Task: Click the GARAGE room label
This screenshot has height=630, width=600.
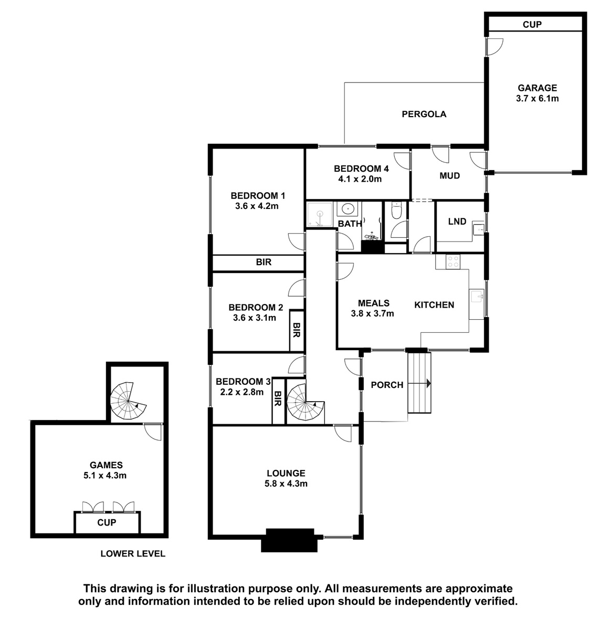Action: [537, 88]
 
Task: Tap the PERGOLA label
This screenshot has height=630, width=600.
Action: [424, 114]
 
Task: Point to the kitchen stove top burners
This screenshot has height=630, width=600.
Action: [453, 261]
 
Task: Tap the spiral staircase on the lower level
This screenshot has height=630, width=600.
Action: [128, 401]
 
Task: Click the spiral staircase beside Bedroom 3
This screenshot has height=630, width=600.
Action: [305, 403]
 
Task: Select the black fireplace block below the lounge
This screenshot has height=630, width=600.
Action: [289, 540]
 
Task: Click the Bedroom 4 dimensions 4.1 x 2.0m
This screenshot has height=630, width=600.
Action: [360, 179]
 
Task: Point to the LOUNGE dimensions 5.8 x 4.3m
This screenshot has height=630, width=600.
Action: [286, 484]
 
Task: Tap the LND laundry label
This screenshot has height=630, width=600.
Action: [457, 222]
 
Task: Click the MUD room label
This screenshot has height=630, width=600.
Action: [450, 175]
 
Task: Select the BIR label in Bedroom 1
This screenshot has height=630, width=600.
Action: [264, 262]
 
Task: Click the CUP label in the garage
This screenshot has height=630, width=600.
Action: [532, 24]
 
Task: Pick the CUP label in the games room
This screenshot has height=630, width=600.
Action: [107, 523]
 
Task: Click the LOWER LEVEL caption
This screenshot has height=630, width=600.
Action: [133, 562]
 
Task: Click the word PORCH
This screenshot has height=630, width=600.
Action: [387, 385]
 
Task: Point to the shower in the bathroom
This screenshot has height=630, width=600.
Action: [320, 214]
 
